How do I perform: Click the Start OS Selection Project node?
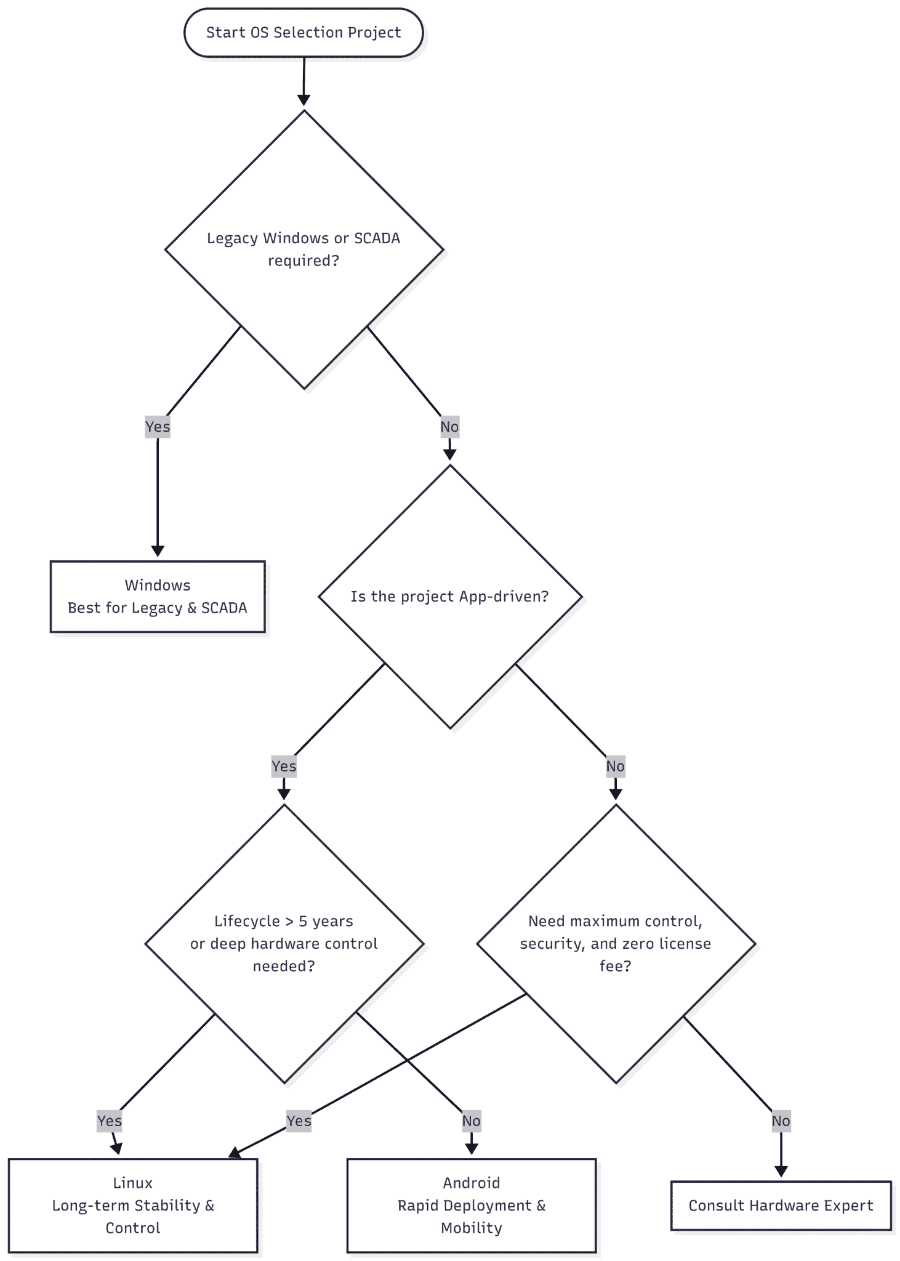click(x=303, y=33)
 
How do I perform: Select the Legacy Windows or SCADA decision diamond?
click(x=304, y=249)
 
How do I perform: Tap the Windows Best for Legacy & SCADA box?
click(x=158, y=596)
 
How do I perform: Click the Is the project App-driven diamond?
click(x=450, y=597)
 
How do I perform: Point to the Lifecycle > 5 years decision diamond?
click(x=284, y=944)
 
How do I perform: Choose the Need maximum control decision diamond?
click(x=616, y=944)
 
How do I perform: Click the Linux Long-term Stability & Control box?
click(x=133, y=1205)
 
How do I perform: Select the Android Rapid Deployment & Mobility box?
click(x=472, y=1205)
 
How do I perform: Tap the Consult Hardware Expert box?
click(x=781, y=1205)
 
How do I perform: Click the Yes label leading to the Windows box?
click(x=158, y=427)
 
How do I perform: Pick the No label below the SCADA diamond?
click(x=449, y=427)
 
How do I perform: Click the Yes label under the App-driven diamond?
click(x=284, y=766)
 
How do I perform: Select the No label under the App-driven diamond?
click(x=616, y=766)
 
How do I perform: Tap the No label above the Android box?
click(x=472, y=1121)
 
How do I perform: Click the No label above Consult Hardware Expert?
click(x=781, y=1121)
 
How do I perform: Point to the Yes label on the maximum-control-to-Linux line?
click(x=299, y=1121)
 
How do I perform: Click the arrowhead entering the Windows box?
click(x=158, y=551)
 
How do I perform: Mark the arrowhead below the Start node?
click(x=303, y=100)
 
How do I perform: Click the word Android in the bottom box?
click(x=472, y=1183)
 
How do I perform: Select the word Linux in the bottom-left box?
click(x=133, y=1183)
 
